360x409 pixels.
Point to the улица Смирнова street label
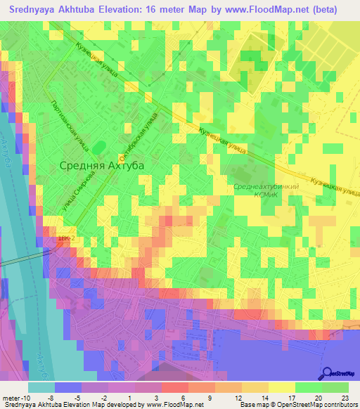coord(78,193)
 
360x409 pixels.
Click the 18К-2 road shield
coord(65,239)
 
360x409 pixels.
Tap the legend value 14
coord(263,397)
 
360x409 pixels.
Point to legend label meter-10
coord(15,397)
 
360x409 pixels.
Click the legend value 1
coord(132,397)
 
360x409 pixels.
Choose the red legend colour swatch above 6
coord(175,387)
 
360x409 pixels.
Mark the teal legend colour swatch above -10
coord(41,387)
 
